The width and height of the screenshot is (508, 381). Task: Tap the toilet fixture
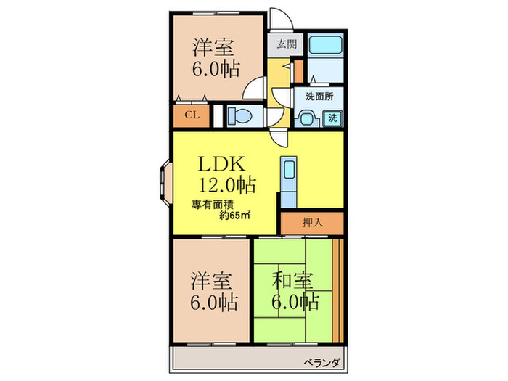[x=240, y=115]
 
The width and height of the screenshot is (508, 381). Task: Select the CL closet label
[x=192, y=115]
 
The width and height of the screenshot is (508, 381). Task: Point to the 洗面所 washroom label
[x=319, y=96]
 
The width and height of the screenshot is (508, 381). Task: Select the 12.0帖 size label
[x=227, y=186]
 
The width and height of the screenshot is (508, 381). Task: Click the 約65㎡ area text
[x=235, y=215]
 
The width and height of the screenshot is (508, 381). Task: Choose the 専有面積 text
[x=213, y=204]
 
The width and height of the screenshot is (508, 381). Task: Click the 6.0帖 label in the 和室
[x=295, y=301]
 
